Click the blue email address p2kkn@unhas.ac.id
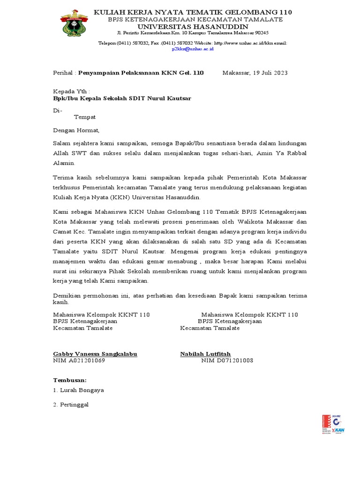pyautogui.click(x=193, y=49)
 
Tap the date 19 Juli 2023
pyautogui.click(x=265, y=73)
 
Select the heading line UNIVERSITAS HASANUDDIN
pyautogui.click(x=193, y=26)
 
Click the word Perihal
pyautogui.click(x=63, y=73)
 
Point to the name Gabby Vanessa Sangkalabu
pyautogui.click(x=95, y=354)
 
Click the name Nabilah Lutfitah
pyautogui.click(x=205, y=354)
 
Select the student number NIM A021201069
pyautogui.click(x=79, y=360)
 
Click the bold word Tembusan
pyautogui.click(x=70, y=380)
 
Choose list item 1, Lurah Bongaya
pyautogui.click(x=78, y=390)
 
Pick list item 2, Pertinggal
pyautogui.click(x=71, y=404)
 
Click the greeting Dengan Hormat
pyautogui.click(x=76, y=130)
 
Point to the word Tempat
pyautogui.click(x=85, y=117)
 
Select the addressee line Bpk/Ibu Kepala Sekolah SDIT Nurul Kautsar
pyautogui.click(x=122, y=98)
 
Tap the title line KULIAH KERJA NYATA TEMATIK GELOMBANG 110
pyautogui.click(x=193, y=12)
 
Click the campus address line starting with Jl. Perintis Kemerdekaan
pyautogui.click(x=193, y=33)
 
